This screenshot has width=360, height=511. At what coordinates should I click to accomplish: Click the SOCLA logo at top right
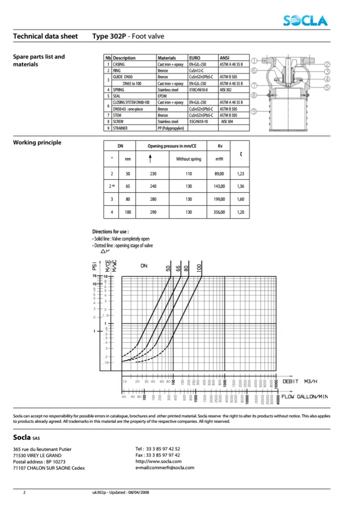[306, 21]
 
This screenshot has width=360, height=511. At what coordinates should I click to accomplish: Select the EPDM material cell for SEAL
[163, 96]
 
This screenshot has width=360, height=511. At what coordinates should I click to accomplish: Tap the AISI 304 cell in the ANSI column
[227, 121]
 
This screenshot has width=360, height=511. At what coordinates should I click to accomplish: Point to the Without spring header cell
[188, 159]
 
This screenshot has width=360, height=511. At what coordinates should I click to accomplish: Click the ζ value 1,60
[241, 199]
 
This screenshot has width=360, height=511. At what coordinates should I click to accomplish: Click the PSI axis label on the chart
[94, 266]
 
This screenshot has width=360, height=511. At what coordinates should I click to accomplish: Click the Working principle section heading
[37, 143]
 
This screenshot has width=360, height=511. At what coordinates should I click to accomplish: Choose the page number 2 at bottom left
[24, 492]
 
